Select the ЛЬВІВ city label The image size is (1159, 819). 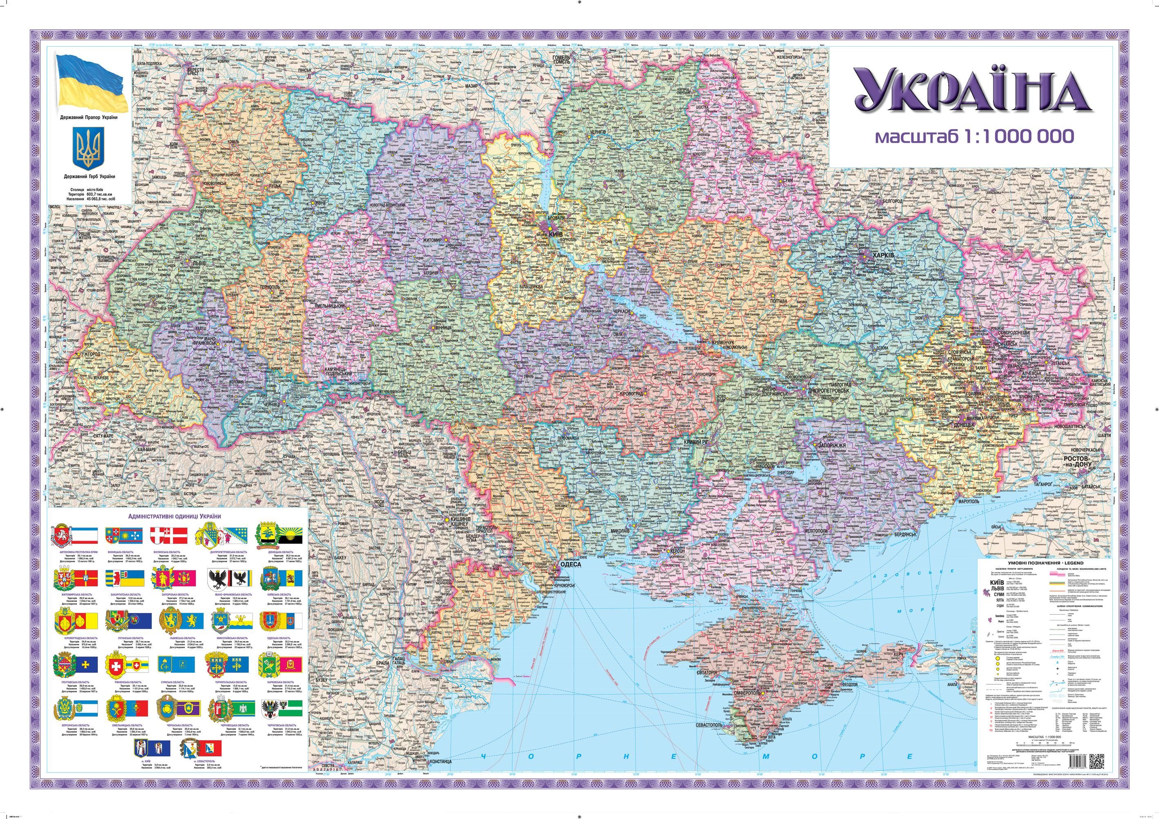[x=198, y=264]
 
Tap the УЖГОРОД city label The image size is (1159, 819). [x=88, y=354]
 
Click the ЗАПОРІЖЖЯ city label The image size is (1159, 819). [x=828, y=446]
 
